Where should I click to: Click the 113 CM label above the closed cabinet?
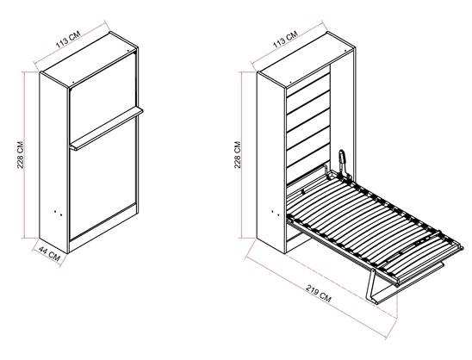(x=68, y=40)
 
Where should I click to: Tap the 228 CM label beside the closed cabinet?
(x=20, y=155)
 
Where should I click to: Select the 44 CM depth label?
(x=49, y=254)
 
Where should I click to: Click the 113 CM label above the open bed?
(x=285, y=40)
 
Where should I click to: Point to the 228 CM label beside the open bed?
(x=238, y=155)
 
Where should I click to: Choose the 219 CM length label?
(x=319, y=293)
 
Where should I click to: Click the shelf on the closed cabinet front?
(x=106, y=128)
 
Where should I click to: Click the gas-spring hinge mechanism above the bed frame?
(x=343, y=163)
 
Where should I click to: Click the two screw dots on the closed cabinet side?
(x=59, y=213)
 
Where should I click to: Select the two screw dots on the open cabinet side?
(x=276, y=213)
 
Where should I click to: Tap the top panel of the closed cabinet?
(x=90, y=60)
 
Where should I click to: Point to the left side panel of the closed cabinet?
(x=54, y=163)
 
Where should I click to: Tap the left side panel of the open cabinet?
(x=271, y=163)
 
